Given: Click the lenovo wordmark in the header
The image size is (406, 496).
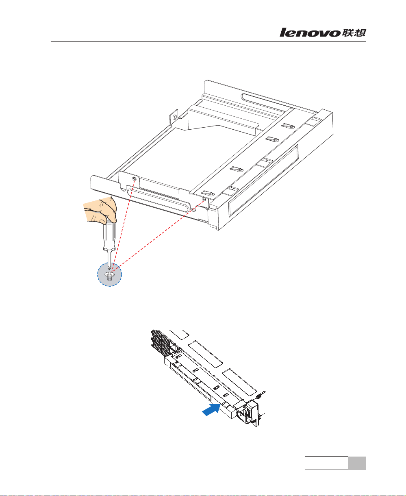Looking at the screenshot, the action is click(x=310, y=33).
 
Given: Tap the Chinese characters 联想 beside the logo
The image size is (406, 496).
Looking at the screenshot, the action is click(x=354, y=33).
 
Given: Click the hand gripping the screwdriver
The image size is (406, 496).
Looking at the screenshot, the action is click(x=100, y=210).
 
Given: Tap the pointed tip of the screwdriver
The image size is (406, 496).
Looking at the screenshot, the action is click(x=109, y=270).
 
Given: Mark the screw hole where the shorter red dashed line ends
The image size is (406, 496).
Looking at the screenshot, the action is click(x=135, y=179).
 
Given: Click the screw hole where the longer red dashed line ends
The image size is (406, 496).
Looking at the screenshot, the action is click(x=204, y=199).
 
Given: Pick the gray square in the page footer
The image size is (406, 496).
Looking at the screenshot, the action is click(x=357, y=463).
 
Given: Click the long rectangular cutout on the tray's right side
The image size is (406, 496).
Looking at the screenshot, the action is click(x=263, y=181).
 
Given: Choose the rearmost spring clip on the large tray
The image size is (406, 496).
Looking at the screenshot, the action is click(x=288, y=126).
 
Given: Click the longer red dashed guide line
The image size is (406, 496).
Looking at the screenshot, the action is click(x=158, y=235).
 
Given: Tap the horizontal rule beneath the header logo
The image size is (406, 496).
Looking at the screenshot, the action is click(x=208, y=42).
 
